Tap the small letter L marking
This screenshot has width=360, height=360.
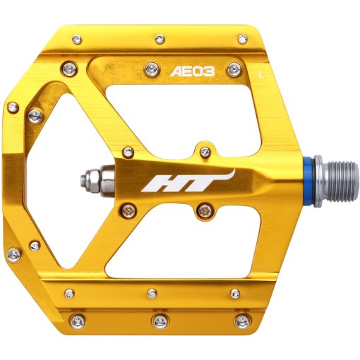[262, 72]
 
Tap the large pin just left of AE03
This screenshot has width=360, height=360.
[151, 68]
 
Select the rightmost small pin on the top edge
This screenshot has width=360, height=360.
[241, 40]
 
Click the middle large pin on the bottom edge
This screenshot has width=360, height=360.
[160, 321]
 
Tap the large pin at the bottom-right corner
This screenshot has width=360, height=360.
[242, 321]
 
